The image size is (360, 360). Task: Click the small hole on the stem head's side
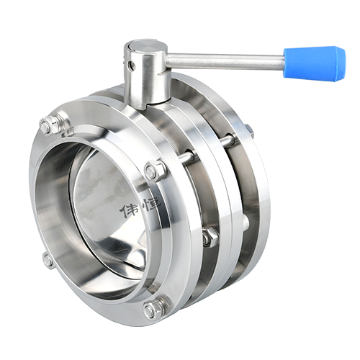click(x=131, y=64)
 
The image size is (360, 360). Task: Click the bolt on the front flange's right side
click(x=154, y=171)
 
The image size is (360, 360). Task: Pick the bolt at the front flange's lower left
click(x=48, y=259)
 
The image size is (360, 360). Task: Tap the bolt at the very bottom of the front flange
click(x=153, y=310)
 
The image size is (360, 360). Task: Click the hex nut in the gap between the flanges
click(x=209, y=238)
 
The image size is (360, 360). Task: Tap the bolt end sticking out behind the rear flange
click(x=249, y=129)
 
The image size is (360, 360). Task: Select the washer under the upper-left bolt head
click(x=58, y=127)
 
